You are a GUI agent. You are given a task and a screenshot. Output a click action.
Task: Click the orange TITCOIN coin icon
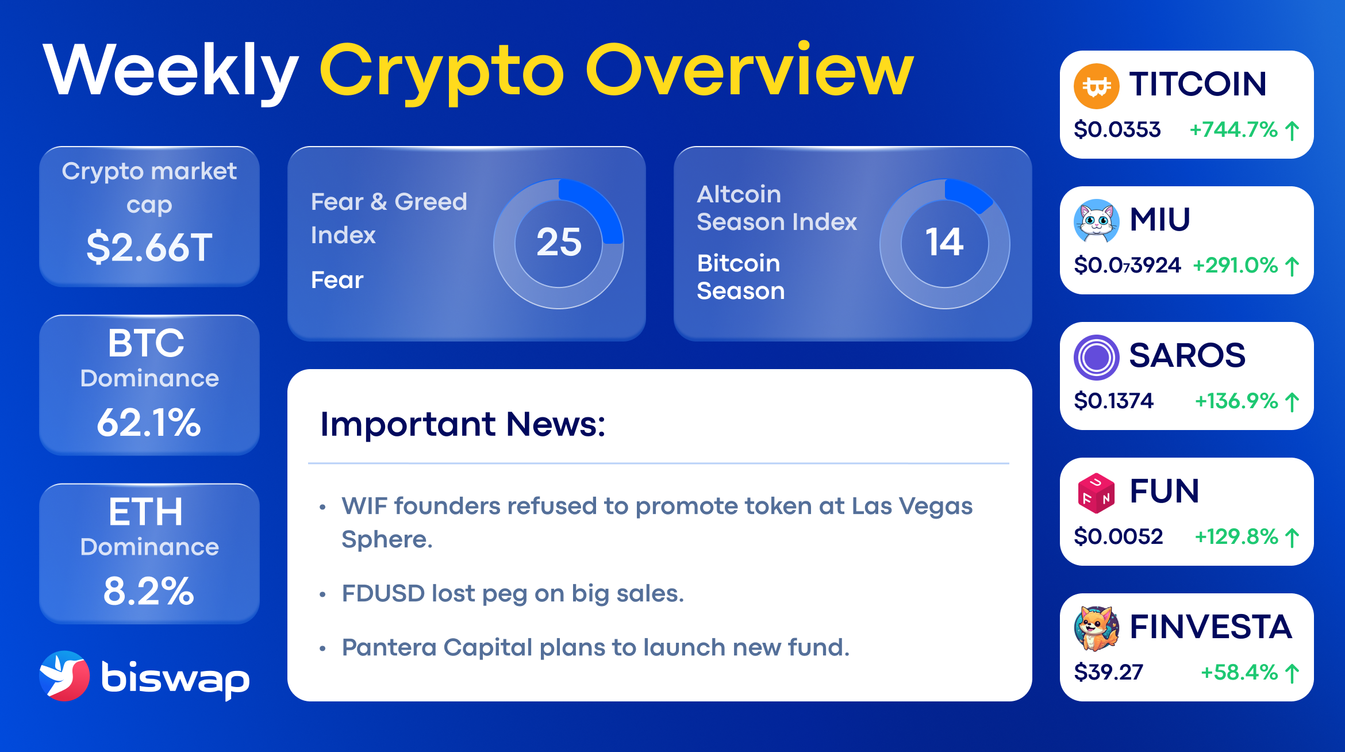click(1096, 86)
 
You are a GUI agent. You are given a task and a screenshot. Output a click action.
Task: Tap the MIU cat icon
click(1096, 221)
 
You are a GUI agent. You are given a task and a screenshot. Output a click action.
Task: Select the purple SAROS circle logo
click(1096, 357)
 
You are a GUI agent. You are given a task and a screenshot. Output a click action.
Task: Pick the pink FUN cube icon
click(1096, 493)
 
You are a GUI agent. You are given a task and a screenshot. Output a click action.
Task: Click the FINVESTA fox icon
click(1096, 628)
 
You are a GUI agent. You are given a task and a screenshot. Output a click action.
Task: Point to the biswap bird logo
click(64, 676)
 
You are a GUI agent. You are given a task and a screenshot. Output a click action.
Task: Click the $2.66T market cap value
click(149, 247)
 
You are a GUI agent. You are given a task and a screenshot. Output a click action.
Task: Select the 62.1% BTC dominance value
click(149, 423)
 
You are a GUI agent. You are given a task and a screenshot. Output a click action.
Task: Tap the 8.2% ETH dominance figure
click(149, 591)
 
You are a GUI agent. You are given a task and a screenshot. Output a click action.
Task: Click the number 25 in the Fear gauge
click(559, 242)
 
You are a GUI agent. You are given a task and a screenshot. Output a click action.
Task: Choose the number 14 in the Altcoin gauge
click(944, 242)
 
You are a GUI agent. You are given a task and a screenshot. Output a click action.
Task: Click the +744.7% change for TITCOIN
click(1233, 129)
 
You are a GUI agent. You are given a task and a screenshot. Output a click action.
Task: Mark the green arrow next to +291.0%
click(1292, 266)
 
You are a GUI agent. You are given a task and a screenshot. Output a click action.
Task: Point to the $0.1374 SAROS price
click(1113, 401)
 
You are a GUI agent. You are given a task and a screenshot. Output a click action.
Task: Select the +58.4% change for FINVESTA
click(1239, 672)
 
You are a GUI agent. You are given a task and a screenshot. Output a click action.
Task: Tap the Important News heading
click(463, 424)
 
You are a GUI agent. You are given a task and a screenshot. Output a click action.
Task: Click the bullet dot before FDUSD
click(322, 594)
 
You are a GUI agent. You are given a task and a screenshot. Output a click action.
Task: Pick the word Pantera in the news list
click(389, 647)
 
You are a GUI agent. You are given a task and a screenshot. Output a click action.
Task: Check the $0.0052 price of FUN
click(1118, 536)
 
